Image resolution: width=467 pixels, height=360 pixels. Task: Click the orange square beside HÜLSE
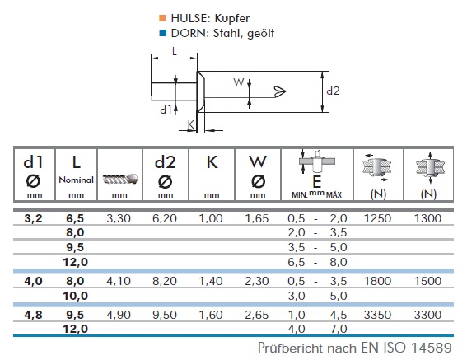162,18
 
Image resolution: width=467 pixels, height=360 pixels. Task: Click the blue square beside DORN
162,33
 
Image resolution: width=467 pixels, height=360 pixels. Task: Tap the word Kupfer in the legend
232,18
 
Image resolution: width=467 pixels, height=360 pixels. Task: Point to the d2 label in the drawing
333,91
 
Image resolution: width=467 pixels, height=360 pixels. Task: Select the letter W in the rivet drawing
239,82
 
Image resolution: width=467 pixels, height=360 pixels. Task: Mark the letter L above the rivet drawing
175,52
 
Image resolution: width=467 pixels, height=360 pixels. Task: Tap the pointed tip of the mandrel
286,91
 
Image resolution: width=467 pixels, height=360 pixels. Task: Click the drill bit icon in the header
120,179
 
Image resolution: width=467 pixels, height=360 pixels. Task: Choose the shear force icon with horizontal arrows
376,168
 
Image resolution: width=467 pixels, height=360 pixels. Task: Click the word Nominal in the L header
77,180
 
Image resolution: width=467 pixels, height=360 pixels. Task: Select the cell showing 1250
377,218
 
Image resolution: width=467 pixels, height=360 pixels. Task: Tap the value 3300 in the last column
427,315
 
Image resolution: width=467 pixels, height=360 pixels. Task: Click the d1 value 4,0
33,281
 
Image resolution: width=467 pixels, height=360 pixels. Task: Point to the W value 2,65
257,315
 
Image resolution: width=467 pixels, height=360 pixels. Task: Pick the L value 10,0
75,296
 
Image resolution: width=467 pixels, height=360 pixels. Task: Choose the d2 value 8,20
165,281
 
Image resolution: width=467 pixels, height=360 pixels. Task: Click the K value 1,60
211,315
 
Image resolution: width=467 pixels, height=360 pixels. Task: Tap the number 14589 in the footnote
432,348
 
